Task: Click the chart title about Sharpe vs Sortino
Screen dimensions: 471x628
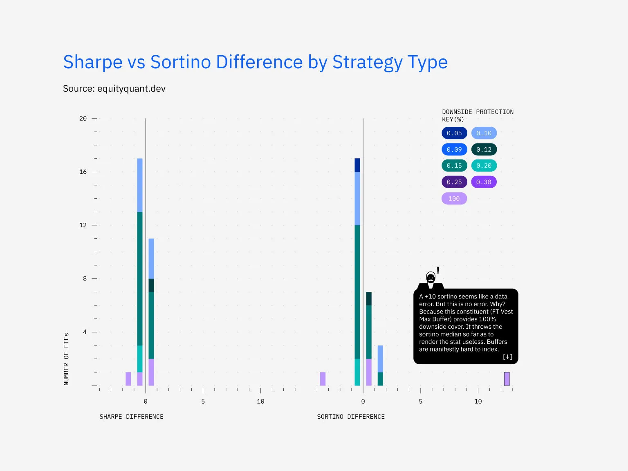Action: tap(255, 62)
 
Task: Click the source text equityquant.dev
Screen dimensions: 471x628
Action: tap(114, 89)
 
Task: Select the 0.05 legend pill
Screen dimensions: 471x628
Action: tap(454, 133)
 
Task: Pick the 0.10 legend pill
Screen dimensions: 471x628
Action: tap(484, 133)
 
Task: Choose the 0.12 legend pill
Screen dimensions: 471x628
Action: tap(484, 150)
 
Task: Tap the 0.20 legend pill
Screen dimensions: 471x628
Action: tap(484, 166)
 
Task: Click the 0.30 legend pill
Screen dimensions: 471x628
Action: tap(484, 182)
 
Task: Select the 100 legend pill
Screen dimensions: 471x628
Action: tap(454, 199)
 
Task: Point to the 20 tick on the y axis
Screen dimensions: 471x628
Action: tap(83, 119)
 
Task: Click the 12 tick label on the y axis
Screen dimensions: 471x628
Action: tap(83, 225)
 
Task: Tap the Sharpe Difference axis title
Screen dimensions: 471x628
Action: tap(131, 417)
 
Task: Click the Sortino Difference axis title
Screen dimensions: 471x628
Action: tap(351, 417)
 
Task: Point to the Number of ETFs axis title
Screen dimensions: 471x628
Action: tap(66, 359)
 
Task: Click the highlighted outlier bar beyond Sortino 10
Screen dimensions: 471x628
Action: tap(507, 379)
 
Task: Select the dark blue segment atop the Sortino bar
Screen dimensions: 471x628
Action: tap(357, 165)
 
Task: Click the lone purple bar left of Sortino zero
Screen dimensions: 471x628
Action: tap(323, 379)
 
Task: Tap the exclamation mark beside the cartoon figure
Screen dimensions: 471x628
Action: tap(438, 270)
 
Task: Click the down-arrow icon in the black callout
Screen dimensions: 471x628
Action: tap(507, 357)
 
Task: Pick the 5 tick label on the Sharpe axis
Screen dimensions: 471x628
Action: tap(203, 401)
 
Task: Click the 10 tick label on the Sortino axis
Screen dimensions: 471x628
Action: tap(478, 401)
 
